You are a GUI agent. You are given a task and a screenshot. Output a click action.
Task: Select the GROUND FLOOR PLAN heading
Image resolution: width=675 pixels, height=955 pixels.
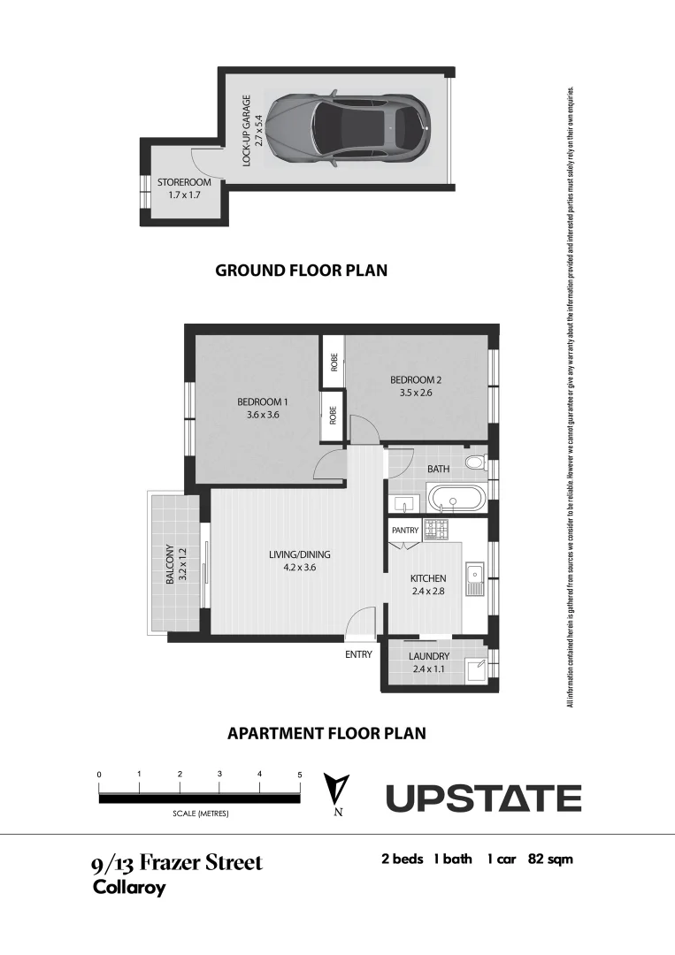click(x=301, y=271)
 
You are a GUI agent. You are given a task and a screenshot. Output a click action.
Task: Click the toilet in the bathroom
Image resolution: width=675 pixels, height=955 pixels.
click(x=475, y=462)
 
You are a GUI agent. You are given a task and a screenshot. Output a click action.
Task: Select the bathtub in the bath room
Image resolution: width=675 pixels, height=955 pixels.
click(x=456, y=500)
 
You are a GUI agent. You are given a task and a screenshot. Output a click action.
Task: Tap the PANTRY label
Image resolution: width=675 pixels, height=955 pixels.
click(x=405, y=531)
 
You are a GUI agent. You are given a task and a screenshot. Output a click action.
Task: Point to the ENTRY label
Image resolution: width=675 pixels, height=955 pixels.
click(x=358, y=654)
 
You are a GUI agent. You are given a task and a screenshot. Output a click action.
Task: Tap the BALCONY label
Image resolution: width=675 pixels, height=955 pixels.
click(x=175, y=564)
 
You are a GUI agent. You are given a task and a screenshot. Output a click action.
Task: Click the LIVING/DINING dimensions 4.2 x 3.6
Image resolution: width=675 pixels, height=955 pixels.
click(x=299, y=568)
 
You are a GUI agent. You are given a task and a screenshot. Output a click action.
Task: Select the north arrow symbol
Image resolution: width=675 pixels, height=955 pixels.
click(x=337, y=791)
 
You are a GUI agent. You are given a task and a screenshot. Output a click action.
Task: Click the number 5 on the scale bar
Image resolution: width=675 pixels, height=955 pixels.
click(x=299, y=775)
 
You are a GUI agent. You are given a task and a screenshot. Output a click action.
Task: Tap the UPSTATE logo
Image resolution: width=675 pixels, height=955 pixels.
click(x=483, y=798)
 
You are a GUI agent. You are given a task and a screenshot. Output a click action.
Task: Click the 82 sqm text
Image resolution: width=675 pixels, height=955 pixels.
click(x=552, y=859)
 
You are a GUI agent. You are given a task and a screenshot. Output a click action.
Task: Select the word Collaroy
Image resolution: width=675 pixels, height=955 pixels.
click(x=129, y=888)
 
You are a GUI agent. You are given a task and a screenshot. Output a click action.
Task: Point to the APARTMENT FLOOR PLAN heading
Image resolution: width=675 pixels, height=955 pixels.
click(x=326, y=733)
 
